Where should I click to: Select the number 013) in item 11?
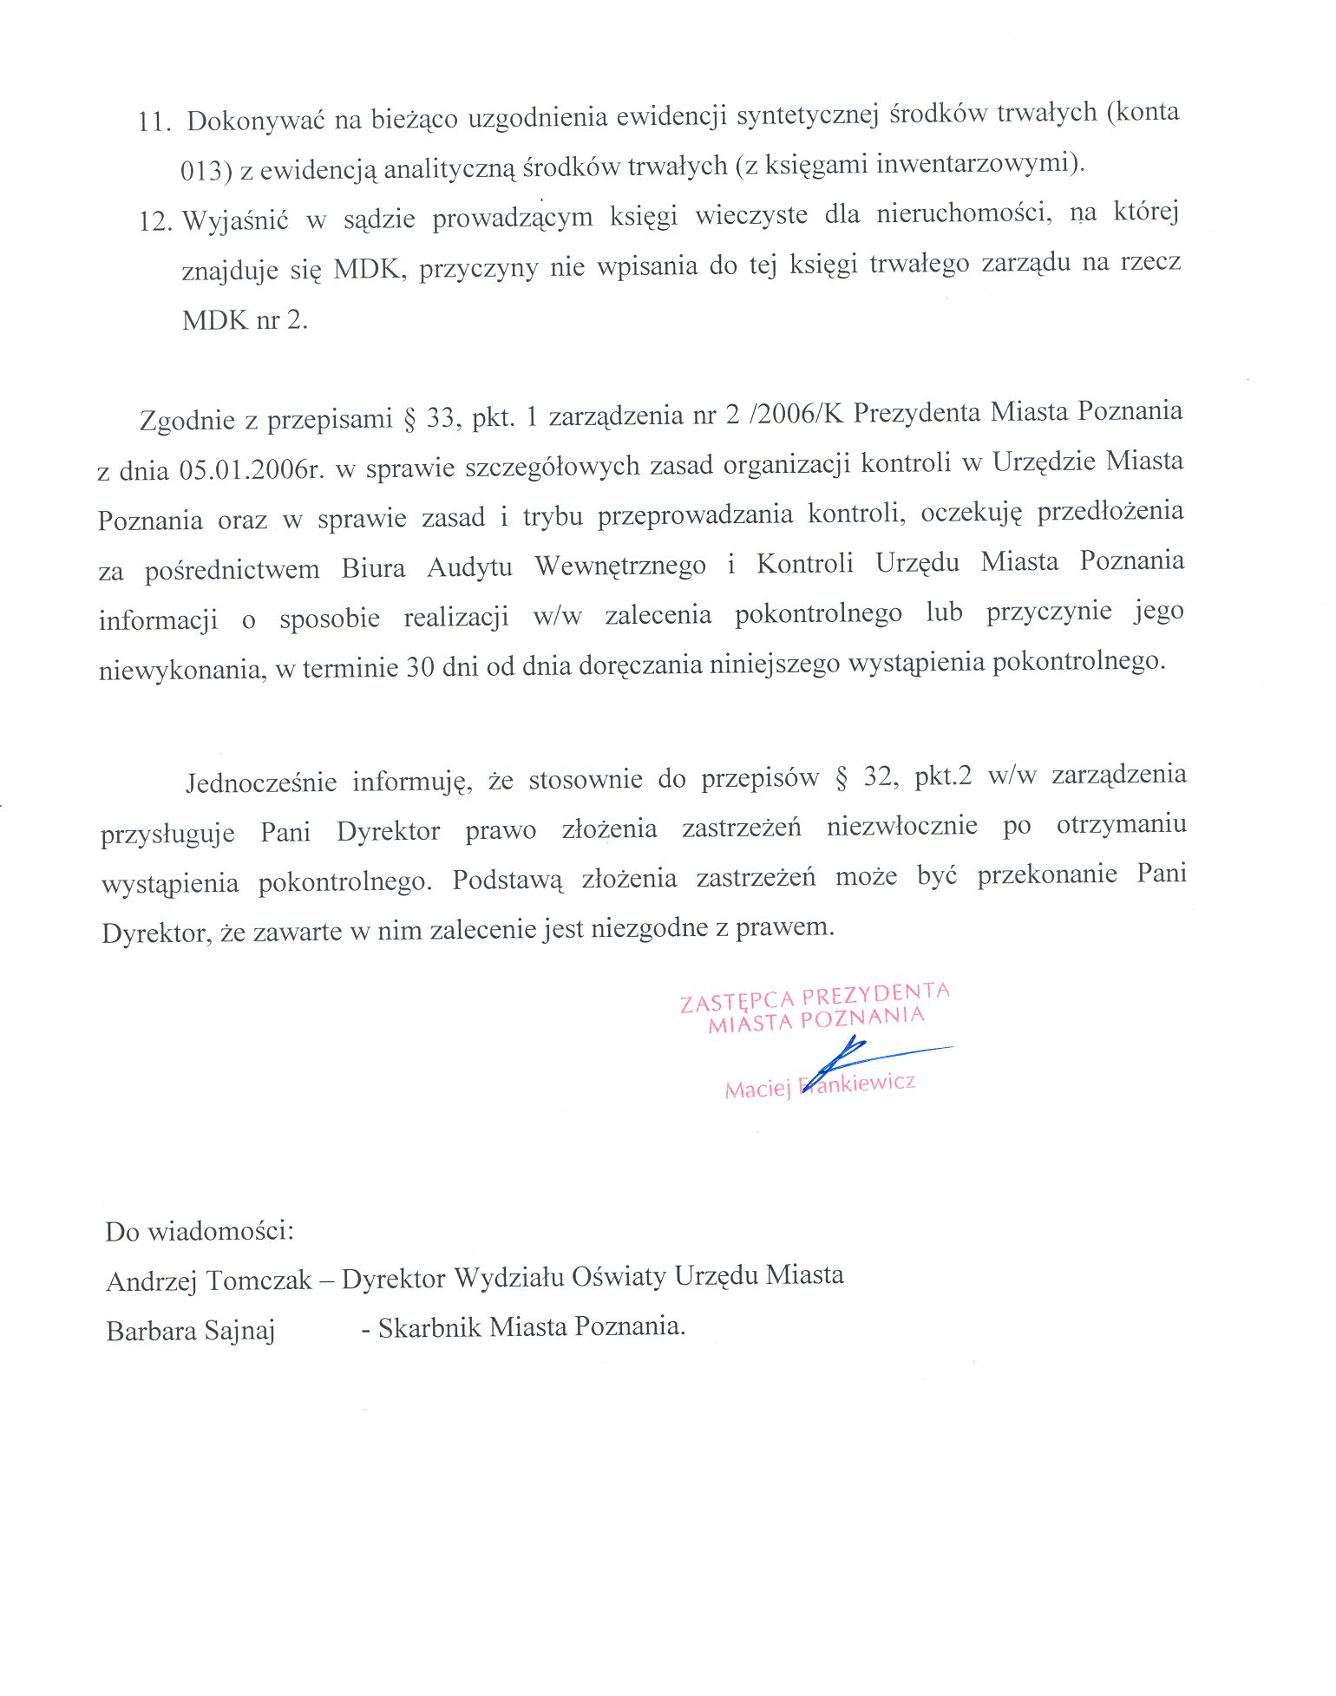[x=206, y=171]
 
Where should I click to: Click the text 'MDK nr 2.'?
[x=245, y=320]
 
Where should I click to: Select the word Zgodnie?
[x=187, y=421]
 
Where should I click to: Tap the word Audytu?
[x=469, y=567]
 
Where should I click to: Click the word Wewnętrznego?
[x=620, y=566]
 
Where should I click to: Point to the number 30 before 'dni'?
[x=420, y=667]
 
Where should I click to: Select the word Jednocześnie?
[x=261, y=783]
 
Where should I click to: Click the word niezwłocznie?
[x=901, y=826]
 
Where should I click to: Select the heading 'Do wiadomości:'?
[x=200, y=1231]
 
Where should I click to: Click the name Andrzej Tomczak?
[x=208, y=1281]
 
